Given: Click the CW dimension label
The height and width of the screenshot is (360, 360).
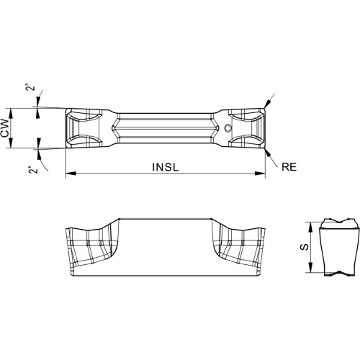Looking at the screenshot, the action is pyautogui.click(x=5, y=128).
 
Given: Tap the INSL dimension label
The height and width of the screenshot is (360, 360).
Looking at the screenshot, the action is pyautogui.click(x=166, y=167).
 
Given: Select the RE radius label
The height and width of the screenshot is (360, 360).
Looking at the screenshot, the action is pyautogui.click(x=289, y=167).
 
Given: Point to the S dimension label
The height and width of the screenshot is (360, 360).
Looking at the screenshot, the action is pyautogui.click(x=305, y=247).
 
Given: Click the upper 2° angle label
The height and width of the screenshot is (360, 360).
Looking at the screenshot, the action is pyautogui.click(x=30, y=87).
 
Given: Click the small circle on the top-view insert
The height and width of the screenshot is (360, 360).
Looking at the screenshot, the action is pyautogui.click(x=228, y=128).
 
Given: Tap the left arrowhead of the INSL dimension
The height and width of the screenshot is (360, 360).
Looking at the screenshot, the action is pyautogui.click(x=71, y=173).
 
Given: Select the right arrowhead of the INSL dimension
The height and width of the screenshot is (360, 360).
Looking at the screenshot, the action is pyautogui.click(x=260, y=173).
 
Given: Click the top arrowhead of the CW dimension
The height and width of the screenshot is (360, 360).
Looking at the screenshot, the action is pyautogui.click(x=10, y=113).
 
